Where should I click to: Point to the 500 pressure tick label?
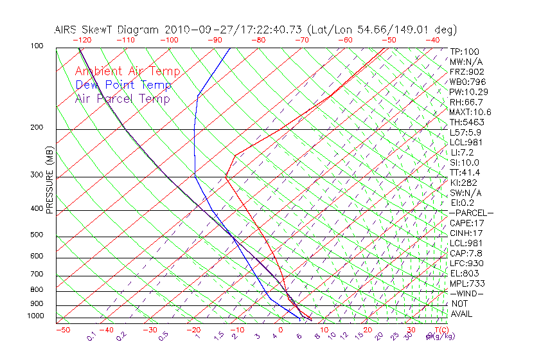tap(37, 235)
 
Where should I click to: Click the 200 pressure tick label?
tap(37, 128)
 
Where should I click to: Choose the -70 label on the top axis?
tap(302, 40)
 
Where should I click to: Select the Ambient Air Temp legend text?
tap(128, 71)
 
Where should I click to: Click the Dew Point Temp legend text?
tap(123, 85)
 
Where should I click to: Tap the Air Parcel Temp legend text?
tap(123, 98)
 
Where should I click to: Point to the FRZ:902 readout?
tap(466, 72)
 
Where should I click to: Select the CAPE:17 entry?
tap(466, 223)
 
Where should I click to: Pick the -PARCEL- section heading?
tap(471, 213)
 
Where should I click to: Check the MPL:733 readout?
tap(466, 283)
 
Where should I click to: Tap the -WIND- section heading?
tap(466, 294)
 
